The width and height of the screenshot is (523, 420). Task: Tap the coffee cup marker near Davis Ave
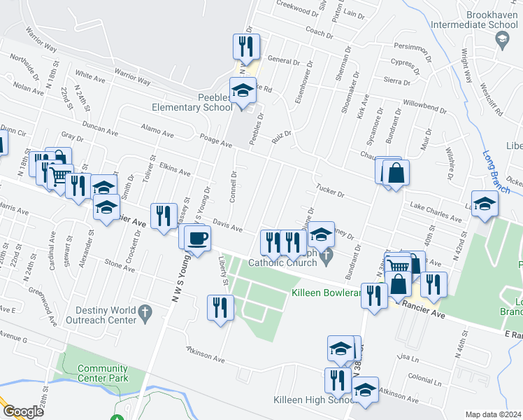point(198,238)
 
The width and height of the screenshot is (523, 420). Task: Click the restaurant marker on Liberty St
point(220,307)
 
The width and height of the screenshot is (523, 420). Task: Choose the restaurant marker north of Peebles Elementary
point(246,46)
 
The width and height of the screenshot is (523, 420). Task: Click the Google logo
point(23,412)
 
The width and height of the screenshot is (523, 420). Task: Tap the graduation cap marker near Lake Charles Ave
point(485,204)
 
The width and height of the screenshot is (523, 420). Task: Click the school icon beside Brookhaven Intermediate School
point(501,41)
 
